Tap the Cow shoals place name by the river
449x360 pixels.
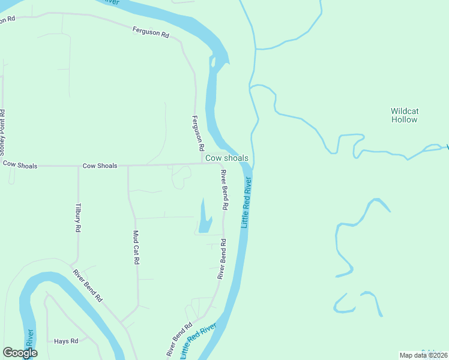pyautogui.click(x=226, y=158)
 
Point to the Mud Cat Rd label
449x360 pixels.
pyautogui.click(x=136, y=248)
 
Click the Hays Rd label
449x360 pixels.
pyautogui.click(x=66, y=341)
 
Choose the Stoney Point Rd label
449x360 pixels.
pyautogui.click(x=2, y=130)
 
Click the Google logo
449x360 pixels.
pyautogui.click(x=20, y=353)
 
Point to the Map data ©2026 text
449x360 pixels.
pyautogui.click(x=423, y=355)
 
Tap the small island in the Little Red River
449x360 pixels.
pyautogui.click(x=213, y=62)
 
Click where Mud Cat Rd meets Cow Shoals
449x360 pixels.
pyautogui.click(x=128, y=166)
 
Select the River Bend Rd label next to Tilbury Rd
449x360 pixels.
pyautogui.click(x=88, y=285)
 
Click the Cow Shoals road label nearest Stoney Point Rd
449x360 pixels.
pyautogui.click(x=20, y=164)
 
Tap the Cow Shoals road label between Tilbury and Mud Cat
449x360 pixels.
pyautogui.click(x=100, y=166)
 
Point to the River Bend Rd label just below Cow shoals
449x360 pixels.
pyautogui.click(x=224, y=190)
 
